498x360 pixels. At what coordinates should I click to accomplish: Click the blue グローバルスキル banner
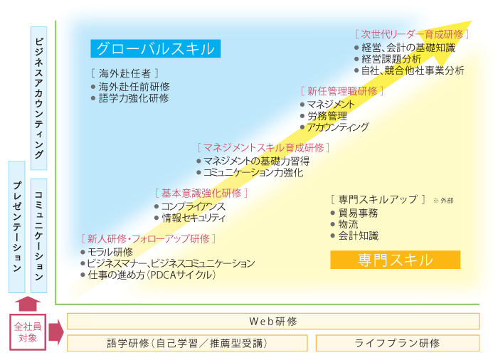pos(156,48)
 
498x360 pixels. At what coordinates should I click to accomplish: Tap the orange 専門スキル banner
pos(396,260)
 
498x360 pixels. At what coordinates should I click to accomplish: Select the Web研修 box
pos(273,322)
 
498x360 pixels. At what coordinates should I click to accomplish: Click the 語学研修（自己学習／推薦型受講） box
pos(187,343)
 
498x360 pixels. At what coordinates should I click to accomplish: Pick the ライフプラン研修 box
pos(398,343)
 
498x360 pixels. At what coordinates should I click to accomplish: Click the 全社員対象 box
pos(28,332)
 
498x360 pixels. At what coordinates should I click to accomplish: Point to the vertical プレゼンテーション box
pos(17,227)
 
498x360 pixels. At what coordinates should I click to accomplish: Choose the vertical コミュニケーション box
pos(38,235)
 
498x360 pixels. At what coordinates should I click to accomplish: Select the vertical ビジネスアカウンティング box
pos(38,98)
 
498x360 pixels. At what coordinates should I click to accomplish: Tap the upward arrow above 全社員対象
pos(28,304)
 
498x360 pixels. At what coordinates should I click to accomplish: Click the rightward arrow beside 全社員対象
pos(56,332)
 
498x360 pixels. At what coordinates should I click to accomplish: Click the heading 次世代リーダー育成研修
pos(412,34)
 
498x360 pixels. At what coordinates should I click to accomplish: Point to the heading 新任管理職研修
pos(342,92)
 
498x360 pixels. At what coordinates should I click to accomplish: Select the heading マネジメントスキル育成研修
pos(263,148)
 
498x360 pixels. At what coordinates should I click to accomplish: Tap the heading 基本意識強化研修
pos(201,194)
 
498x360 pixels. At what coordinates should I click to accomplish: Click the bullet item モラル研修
pos(107,253)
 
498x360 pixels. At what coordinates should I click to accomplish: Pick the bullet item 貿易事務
pos(354,213)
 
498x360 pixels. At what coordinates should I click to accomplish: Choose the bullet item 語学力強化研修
pos(129,98)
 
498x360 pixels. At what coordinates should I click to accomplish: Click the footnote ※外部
pos(443,201)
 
